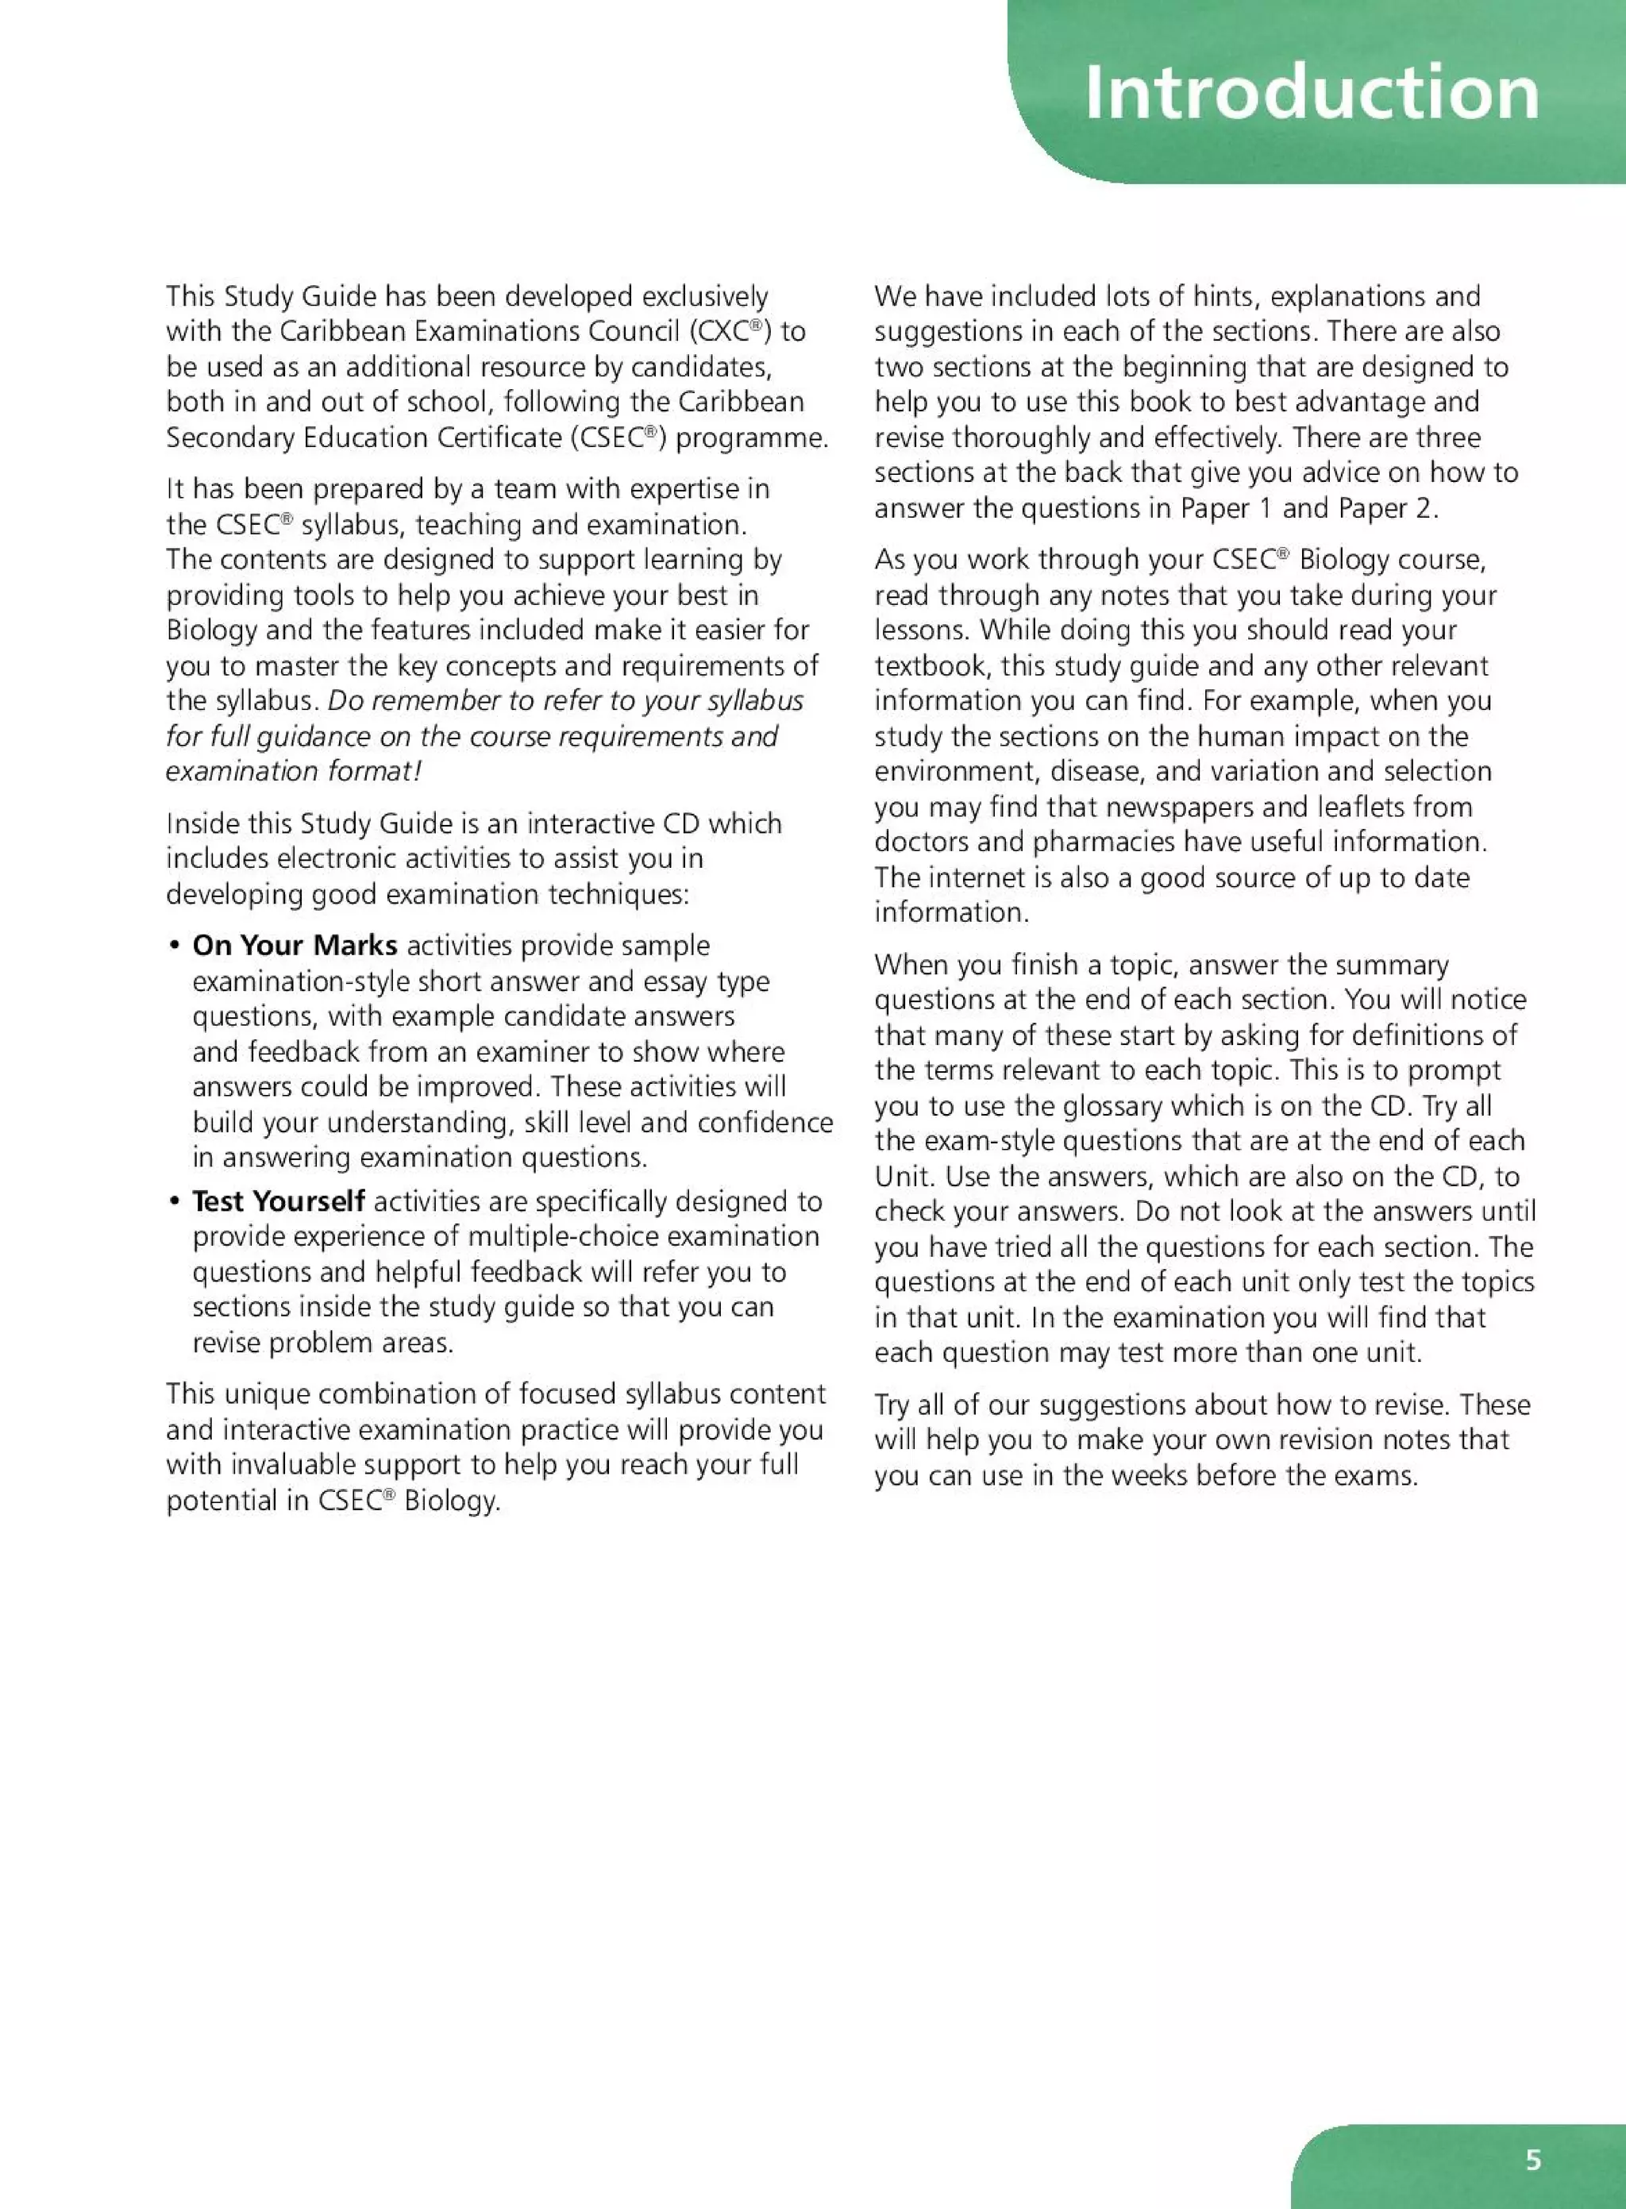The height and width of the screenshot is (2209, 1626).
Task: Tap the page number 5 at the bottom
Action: (x=1532, y=2160)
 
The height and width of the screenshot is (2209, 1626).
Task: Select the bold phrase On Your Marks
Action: (x=295, y=945)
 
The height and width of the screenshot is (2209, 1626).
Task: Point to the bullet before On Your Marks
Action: (x=173, y=946)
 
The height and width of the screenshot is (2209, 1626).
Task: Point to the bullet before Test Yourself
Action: (x=173, y=1202)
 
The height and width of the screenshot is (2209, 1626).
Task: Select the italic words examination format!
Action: (x=293, y=771)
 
